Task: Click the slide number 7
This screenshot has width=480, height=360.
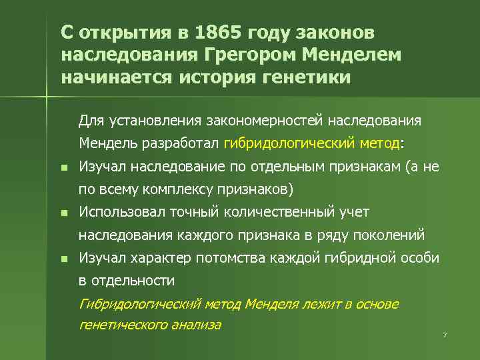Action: coord(444,333)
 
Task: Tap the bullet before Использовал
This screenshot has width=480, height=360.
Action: coord(63,213)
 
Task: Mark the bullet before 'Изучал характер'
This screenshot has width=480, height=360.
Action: coord(63,259)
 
